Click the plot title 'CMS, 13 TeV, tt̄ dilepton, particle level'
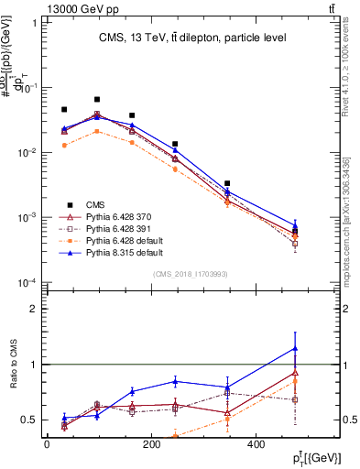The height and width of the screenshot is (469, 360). tap(193, 38)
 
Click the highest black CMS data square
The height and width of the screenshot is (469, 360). tap(97, 99)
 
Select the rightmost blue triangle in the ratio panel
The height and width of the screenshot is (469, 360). tap(295, 348)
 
